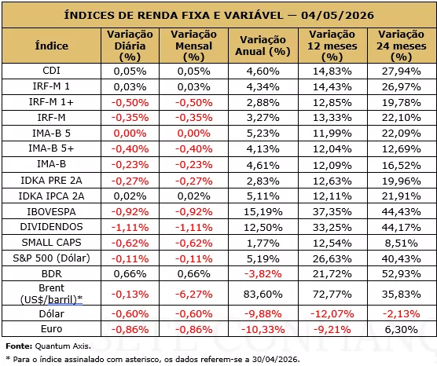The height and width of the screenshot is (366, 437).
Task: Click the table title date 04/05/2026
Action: pyautogui.click(x=337, y=15)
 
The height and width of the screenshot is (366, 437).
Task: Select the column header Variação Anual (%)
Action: pyautogui.click(x=263, y=46)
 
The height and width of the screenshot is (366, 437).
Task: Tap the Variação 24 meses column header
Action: pyautogui.click(x=402, y=46)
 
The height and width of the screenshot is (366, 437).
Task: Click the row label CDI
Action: pyautogui.click(x=52, y=71)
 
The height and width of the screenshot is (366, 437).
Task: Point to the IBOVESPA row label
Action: pyautogui.click(x=52, y=212)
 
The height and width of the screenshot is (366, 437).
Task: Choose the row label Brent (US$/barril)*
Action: pyautogui.click(x=52, y=293)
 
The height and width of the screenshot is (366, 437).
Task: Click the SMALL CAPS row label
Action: pyautogui.click(x=52, y=243)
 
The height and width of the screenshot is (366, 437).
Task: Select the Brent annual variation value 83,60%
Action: pyautogui.click(x=263, y=295)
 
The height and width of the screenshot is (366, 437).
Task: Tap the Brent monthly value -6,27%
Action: pyautogui.click(x=193, y=295)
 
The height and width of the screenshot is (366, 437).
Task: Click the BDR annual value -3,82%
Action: pyautogui.click(x=263, y=274)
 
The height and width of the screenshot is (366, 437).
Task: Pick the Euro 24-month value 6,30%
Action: pyautogui.click(x=402, y=330)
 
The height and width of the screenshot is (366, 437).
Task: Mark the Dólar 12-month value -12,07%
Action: pyautogui.click(x=332, y=314)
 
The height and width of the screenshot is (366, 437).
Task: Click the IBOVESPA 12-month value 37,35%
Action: pyautogui.click(x=332, y=212)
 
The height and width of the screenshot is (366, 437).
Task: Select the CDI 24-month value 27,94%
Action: pyautogui.click(x=402, y=71)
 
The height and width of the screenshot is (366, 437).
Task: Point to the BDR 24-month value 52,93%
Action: pyautogui.click(x=402, y=274)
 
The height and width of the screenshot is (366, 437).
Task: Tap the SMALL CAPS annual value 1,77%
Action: pyautogui.click(x=263, y=243)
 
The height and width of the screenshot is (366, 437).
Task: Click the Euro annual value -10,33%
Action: pyautogui.click(x=263, y=330)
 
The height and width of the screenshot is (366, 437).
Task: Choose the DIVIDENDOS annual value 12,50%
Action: pyautogui.click(x=263, y=227)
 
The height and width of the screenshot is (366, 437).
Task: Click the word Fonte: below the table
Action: pyautogui.click(x=19, y=346)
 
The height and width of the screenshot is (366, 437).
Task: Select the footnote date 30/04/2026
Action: pyautogui.click(x=276, y=359)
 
